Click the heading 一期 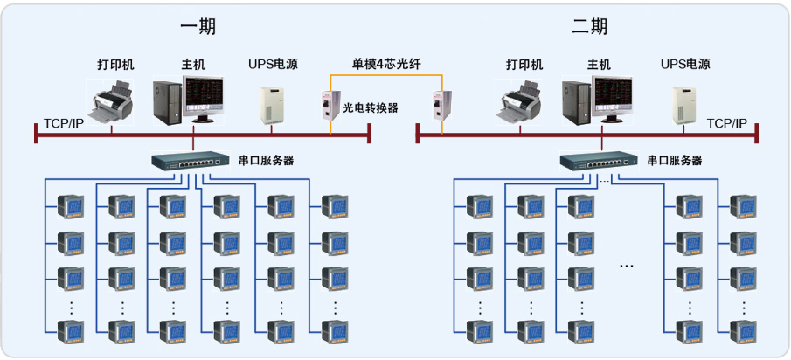[x=198, y=26]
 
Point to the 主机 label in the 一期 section [x=193, y=65]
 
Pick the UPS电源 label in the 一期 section [x=273, y=65]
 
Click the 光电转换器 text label [x=370, y=107]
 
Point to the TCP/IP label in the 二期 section [x=727, y=123]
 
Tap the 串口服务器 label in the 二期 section [x=675, y=161]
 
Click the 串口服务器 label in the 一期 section [x=266, y=161]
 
